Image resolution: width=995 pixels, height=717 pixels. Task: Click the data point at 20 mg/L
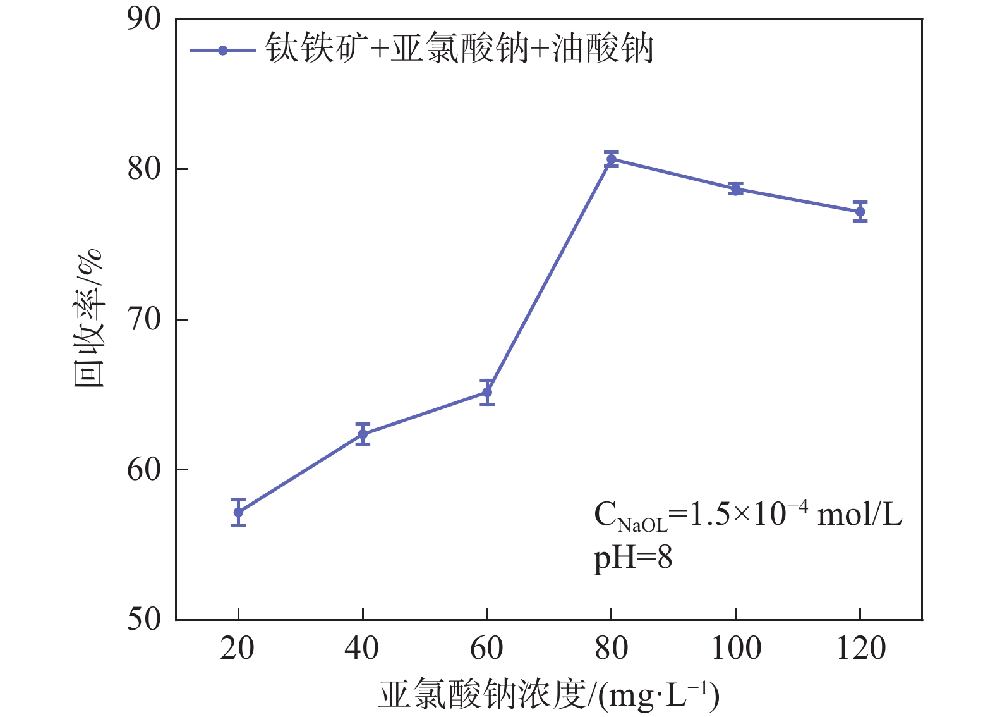(238, 512)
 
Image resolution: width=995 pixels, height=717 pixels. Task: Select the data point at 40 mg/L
(363, 434)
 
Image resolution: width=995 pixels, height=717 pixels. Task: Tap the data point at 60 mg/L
(487, 393)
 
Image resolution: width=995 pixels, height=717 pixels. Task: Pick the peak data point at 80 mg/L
(611, 159)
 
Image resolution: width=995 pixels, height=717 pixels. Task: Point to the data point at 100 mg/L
(735, 188)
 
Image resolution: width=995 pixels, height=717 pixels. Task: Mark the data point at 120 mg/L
(860, 212)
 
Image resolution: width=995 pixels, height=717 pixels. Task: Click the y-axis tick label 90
(144, 20)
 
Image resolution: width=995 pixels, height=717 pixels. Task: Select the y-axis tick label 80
(144, 169)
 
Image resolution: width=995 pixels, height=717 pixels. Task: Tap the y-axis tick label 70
(144, 319)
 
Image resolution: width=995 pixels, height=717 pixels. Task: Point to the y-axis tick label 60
(144, 469)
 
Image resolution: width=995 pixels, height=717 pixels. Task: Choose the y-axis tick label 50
(144, 619)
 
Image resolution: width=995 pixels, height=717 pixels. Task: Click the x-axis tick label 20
(238, 649)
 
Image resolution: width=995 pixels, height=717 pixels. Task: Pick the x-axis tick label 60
(486, 649)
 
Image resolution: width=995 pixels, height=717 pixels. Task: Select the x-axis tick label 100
(735, 649)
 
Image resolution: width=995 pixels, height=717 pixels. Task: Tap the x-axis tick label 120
(860, 649)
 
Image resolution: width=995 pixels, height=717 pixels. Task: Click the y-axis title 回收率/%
(88, 319)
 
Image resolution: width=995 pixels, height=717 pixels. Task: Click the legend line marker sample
(222, 51)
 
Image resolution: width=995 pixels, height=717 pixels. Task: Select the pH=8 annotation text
(633, 558)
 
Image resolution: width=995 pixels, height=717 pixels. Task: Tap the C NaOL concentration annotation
(748, 516)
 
